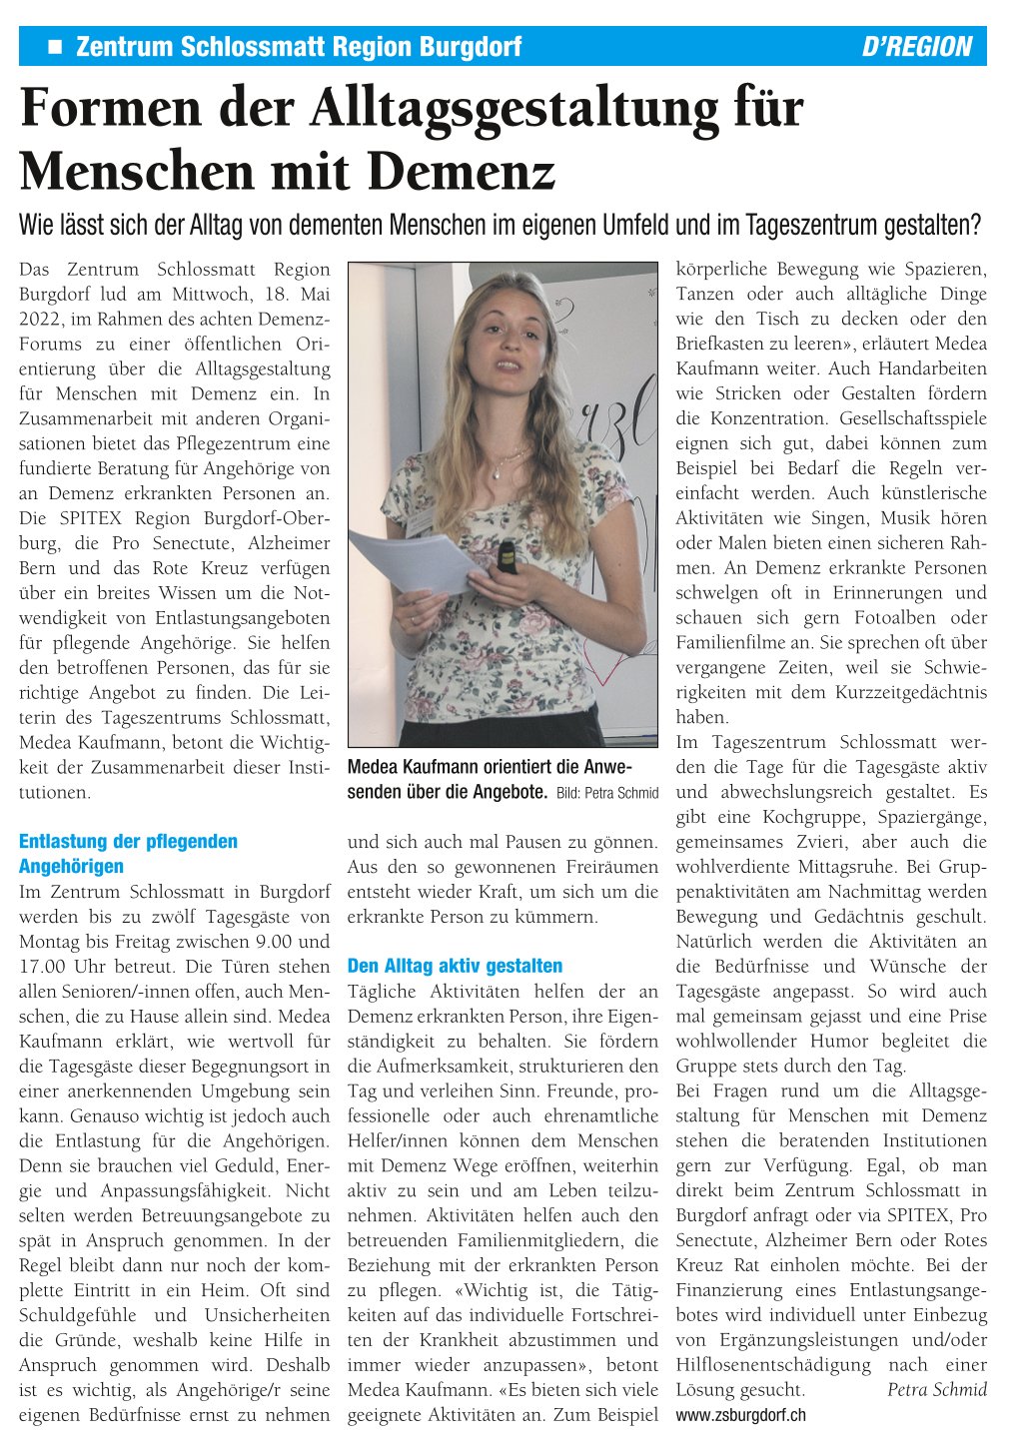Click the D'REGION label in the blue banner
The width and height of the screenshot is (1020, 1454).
click(x=916, y=47)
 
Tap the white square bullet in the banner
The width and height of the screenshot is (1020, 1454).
click(x=55, y=46)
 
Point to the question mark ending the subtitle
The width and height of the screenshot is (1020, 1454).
click(x=976, y=225)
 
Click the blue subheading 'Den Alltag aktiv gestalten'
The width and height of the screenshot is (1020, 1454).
click(x=455, y=966)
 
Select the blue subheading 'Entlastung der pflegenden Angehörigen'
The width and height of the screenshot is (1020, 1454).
click(x=128, y=853)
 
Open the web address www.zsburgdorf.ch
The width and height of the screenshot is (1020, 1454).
click(x=740, y=1415)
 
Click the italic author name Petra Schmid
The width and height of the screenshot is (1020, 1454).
click(x=936, y=1389)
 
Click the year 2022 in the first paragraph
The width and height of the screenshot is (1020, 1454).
click(x=41, y=319)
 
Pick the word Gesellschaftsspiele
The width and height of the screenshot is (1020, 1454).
click(x=912, y=418)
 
